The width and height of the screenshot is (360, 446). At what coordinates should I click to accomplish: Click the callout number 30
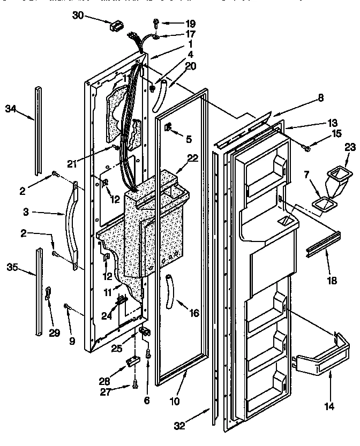[x=78, y=15]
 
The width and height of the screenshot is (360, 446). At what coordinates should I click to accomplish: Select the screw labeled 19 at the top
[x=155, y=22]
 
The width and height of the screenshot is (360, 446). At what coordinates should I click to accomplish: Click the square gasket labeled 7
[x=322, y=203]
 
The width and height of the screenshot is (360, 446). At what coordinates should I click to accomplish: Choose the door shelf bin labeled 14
[x=319, y=362]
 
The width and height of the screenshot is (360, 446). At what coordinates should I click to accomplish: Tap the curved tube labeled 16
[x=170, y=290]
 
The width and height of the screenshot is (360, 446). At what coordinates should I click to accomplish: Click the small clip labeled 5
[x=168, y=127]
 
